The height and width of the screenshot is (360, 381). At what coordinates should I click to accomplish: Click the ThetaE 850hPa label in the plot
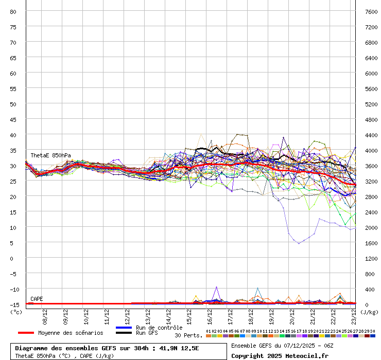tap(50, 155)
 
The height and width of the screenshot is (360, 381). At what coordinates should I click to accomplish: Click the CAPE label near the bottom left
tap(37, 299)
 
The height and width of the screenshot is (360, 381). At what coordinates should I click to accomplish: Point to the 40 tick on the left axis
tap(13, 135)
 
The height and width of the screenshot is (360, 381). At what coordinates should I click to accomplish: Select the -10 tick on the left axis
tap(13, 289)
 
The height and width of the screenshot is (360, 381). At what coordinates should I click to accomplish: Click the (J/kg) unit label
tap(369, 312)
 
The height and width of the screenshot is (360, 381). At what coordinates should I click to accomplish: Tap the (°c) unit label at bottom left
tap(16, 312)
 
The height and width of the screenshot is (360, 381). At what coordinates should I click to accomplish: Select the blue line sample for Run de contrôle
tap(124, 328)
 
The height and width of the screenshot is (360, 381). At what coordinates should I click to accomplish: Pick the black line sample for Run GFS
tap(124, 333)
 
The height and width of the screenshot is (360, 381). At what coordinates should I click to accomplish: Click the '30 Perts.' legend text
tap(188, 335)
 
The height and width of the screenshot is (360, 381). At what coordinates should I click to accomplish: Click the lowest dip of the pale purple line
tap(299, 243)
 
